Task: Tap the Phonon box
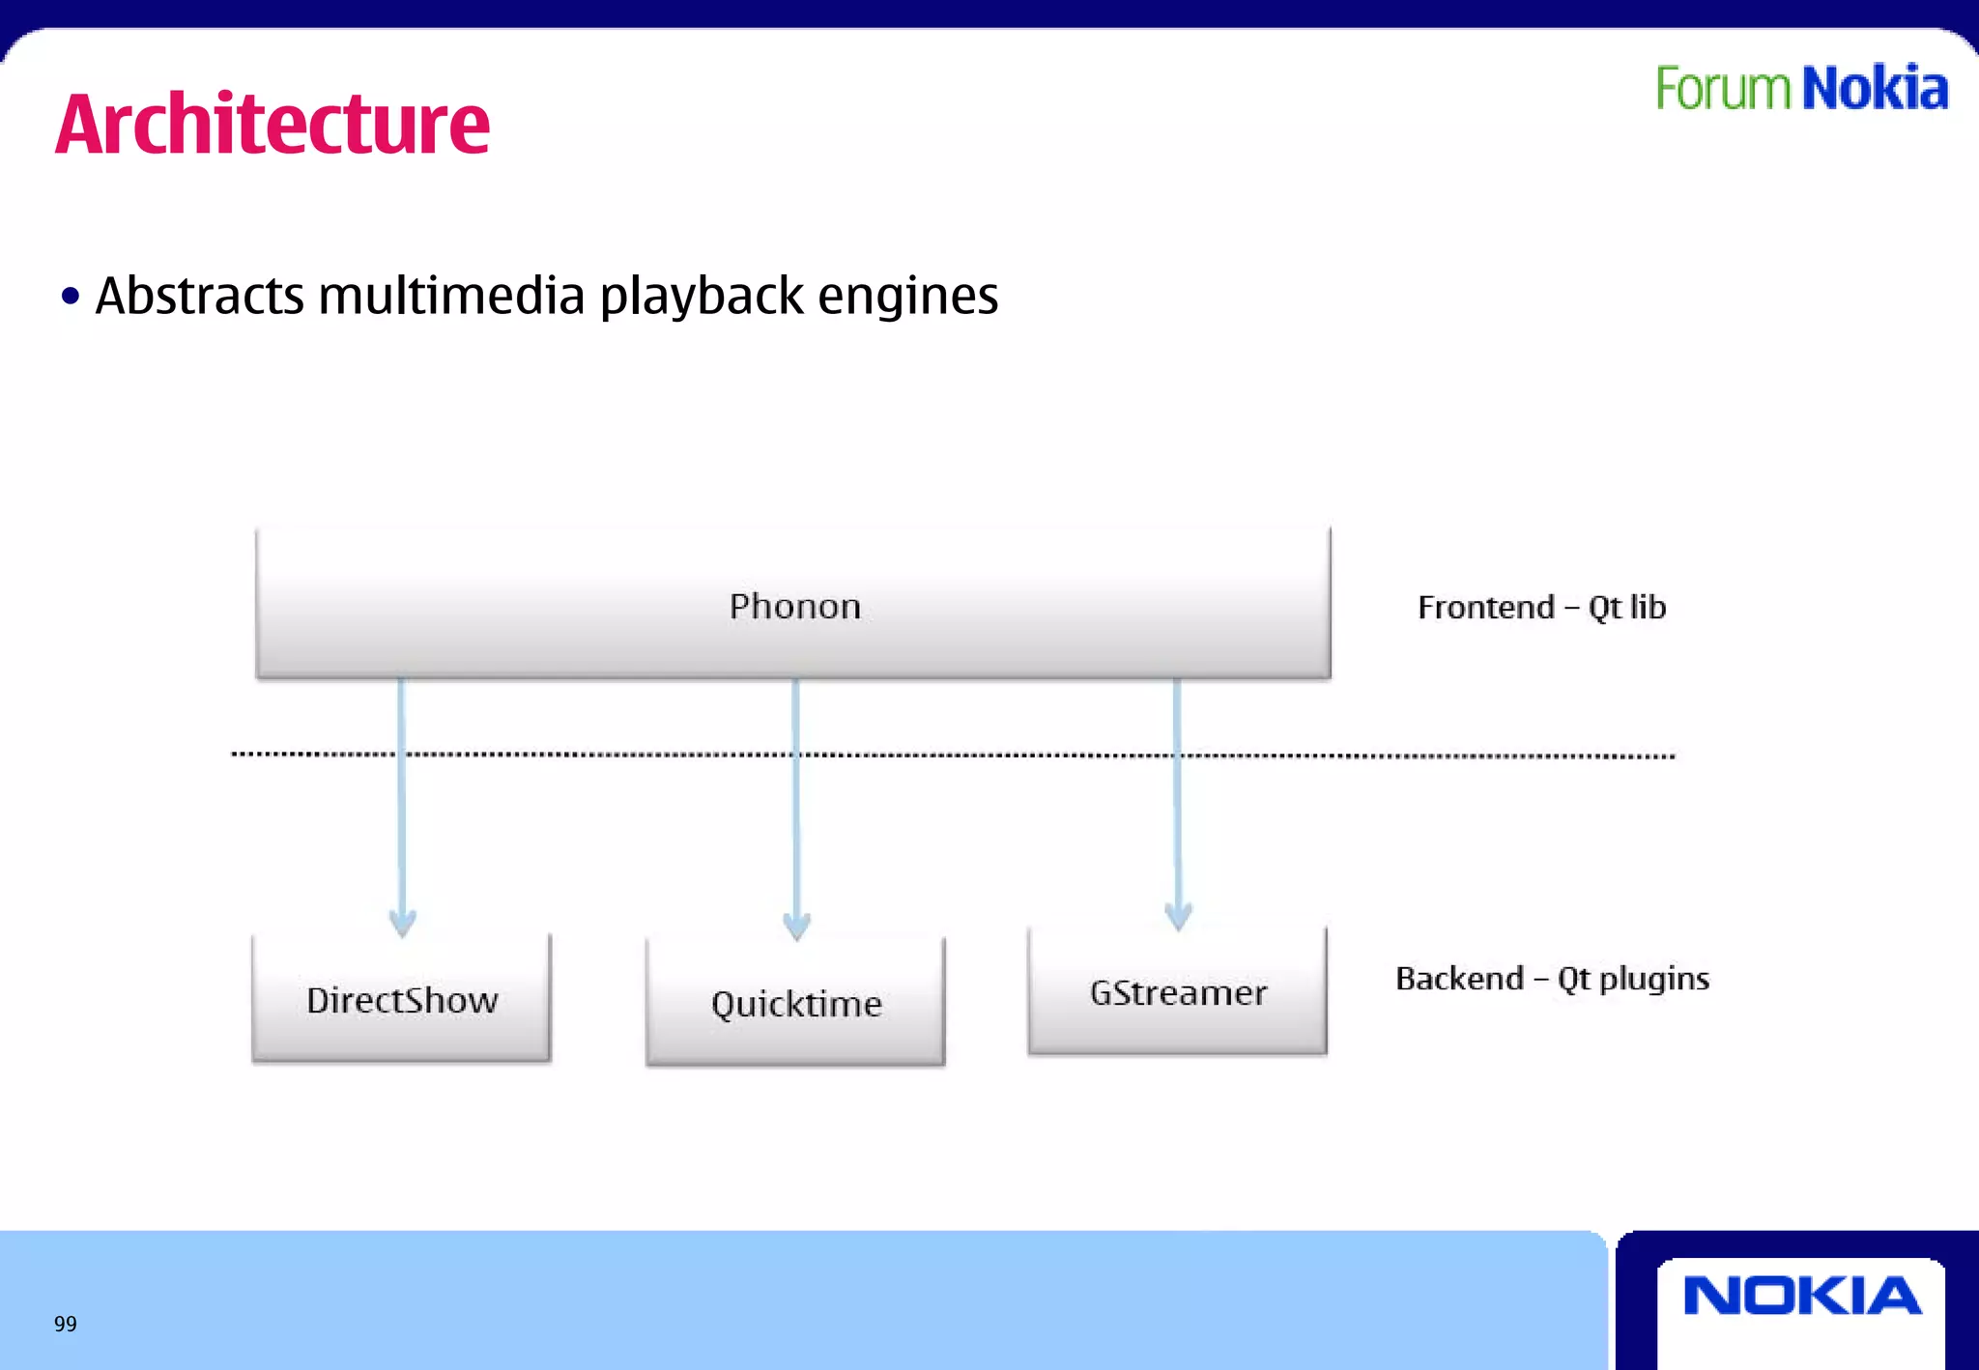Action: pyautogui.click(x=793, y=604)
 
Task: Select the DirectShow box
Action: pyautogui.click(x=401, y=999)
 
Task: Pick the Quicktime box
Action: pyautogui.click(x=795, y=1002)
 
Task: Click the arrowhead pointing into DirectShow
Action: pyautogui.click(x=402, y=923)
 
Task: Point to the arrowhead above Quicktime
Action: pyautogui.click(x=796, y=926)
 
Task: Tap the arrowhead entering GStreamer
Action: pyautogui.click(x=1178, y=916)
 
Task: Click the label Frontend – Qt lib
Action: pyautogui.click(x=1541, y=608)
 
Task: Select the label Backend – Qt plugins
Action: pyautogui.click(x=1552, y=979)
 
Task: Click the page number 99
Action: pyautogui.click(x=66, y=1324)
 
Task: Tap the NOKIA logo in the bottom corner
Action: pyautogui.click(x=1801, y=1297)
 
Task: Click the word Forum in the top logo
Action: pyautogui.click(x=1723, y=89)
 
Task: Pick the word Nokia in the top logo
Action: pyautogui.click(x=1875, y=89)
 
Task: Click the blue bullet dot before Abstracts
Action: pyautogui.click(x=70, y=296)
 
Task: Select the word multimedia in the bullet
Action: pyautogui.click(x=451, y=296)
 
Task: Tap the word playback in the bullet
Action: pyautogui.click(x=702, y=296)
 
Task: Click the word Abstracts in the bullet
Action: pyautogui.click(x=200, y=296)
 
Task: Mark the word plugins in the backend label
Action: pyautogui.click(x=1654, y=980)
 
